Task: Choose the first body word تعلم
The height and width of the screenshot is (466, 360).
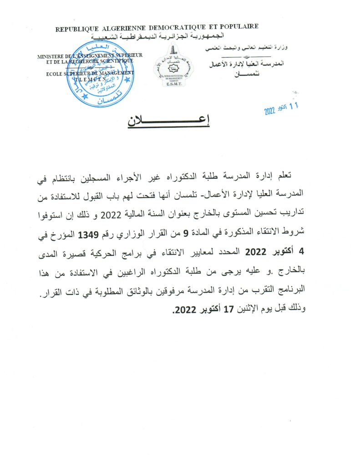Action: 292,178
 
